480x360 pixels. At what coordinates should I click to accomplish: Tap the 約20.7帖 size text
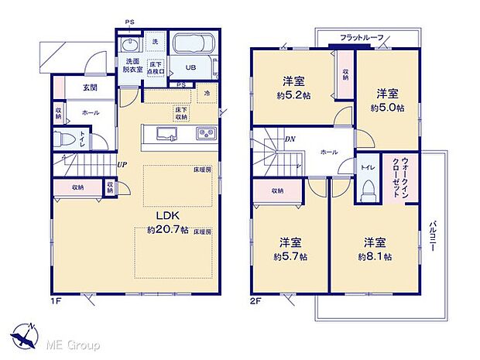(x=167, y=230)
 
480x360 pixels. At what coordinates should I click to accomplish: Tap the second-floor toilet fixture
(x=368, y=189)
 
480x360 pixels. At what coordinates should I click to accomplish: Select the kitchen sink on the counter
(x=167, y=134)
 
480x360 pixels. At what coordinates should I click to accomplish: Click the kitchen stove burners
(x=207, y=134)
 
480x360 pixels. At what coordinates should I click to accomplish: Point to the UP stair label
(x=122, y=163)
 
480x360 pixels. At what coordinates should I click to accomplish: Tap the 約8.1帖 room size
(x=374, y=255)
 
